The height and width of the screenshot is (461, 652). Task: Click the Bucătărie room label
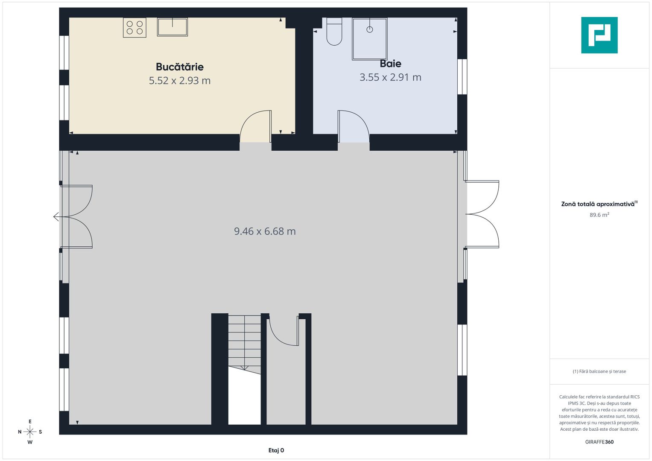[x=180, y=67]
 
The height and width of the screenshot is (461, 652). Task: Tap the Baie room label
[x=390, y=64]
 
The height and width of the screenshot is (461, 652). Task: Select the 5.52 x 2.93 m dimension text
[x=180, y=81]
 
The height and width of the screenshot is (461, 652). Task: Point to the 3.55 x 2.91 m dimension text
[x=390, y=77]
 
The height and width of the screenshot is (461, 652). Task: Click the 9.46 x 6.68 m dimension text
[x=265, y=231]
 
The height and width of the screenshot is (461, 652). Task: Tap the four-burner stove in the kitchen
[x=134, y=28]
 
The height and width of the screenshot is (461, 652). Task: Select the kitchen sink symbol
[x=173, y=27]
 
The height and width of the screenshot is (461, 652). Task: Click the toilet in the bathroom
[x=334, y=32]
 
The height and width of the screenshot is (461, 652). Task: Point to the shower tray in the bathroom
[x=369, y=39]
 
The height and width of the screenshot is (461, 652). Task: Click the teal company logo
[x=599, y=35]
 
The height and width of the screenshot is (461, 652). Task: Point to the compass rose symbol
[x=30, y=432]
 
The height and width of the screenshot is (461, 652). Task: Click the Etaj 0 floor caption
[x=276, y=450]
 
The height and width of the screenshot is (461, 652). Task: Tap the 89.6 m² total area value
[x=599, y=215]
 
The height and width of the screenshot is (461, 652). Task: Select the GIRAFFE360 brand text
[x=599, y=442]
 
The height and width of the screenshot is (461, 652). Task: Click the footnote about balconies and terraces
[x=599, y=371]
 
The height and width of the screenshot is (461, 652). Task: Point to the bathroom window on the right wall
[x=462, y=77]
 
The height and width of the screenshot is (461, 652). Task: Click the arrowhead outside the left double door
[x=56, y=217]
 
